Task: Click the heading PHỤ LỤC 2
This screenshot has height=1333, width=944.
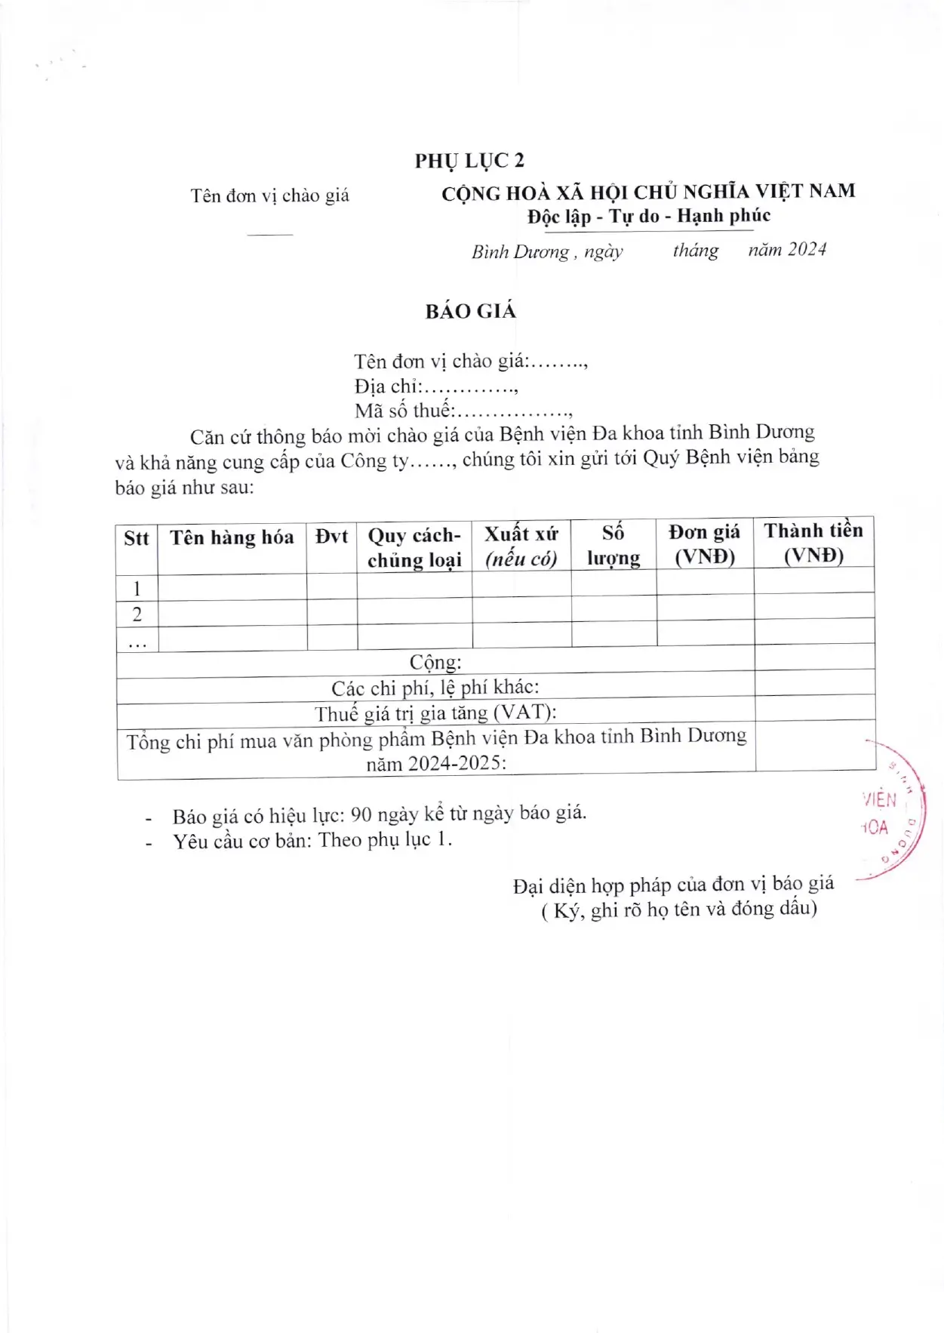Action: [x=469, y=161]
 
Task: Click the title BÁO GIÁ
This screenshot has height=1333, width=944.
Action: [x=470, y=311]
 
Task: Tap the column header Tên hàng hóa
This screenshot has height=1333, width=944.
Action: [x=232, y=537]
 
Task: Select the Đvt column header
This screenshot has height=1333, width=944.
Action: [x=331, y=537]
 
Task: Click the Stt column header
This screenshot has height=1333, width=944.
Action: [x=137, y=538]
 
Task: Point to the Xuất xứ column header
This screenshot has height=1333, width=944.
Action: [x=521, y=546]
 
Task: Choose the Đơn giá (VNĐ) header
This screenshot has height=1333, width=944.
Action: [x=704, y=544]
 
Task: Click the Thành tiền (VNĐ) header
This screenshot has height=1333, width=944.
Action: [x=813, y=543]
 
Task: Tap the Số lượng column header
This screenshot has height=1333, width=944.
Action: [x=613, y=545]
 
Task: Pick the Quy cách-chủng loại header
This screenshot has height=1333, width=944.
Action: [x=414, y=547]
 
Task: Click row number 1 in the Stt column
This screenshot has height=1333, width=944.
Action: [x=137, y=589]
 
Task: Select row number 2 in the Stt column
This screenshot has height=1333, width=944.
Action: [x=137, y=614]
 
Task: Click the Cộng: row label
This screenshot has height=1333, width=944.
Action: [x=435, y=663]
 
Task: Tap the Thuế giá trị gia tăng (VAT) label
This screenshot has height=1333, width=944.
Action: [x=435, y=713]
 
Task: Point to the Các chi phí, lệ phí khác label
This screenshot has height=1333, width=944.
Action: [x=435, y=688]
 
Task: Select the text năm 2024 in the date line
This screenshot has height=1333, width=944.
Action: [x=787, y=250]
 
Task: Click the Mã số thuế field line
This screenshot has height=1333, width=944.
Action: [x=463, y=411]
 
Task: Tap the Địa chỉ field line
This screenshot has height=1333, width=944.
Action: [x=436, y=386]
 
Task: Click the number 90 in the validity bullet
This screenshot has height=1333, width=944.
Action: [x=361, y=814]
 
